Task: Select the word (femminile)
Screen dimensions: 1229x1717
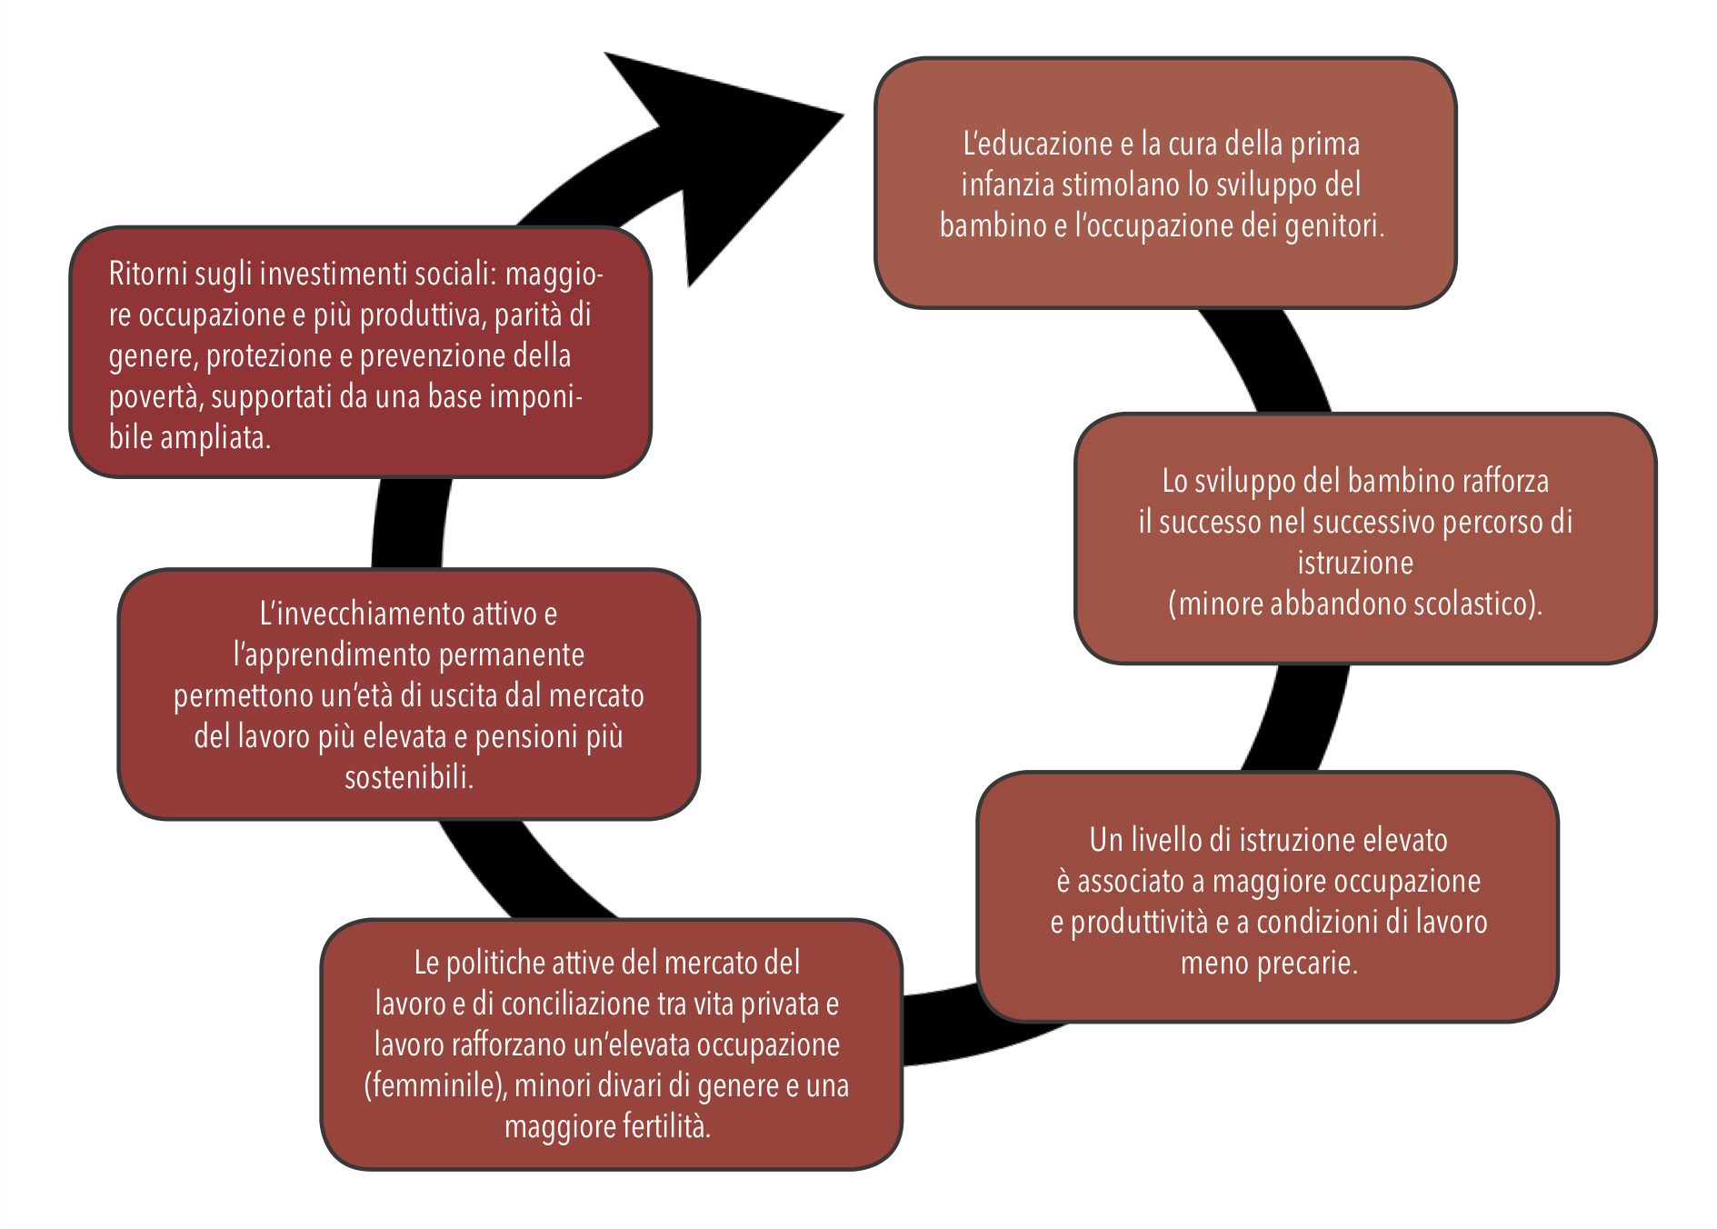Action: point(434,1085)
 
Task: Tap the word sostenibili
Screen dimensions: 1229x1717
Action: point(409,777)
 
